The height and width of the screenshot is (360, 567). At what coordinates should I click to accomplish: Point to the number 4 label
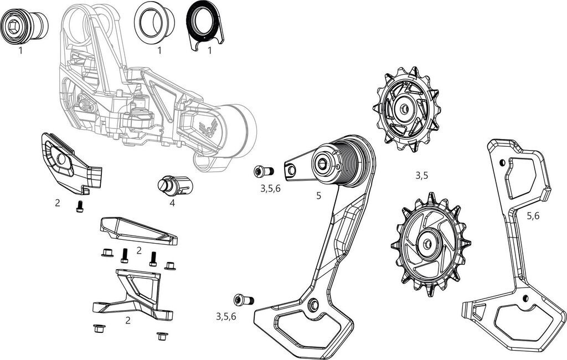pyautogui.click(x=172, y=203)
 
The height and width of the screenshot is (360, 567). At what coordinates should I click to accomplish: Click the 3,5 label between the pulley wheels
pyautogui.click(x=422, y=176)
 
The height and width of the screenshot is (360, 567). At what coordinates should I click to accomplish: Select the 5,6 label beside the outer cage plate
pyautogui.click(x=533, y=216)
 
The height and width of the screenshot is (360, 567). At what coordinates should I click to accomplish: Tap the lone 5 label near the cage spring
pyautogui.click(x=318, y=196)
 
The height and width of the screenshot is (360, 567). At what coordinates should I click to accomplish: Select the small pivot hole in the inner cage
pyautogui.click(x=315, y=304)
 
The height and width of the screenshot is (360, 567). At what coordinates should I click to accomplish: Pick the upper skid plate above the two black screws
pyautogui.click(x=138, y=231)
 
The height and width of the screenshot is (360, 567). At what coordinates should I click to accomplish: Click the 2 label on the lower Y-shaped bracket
pyautogui.click(x=127, y=320)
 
